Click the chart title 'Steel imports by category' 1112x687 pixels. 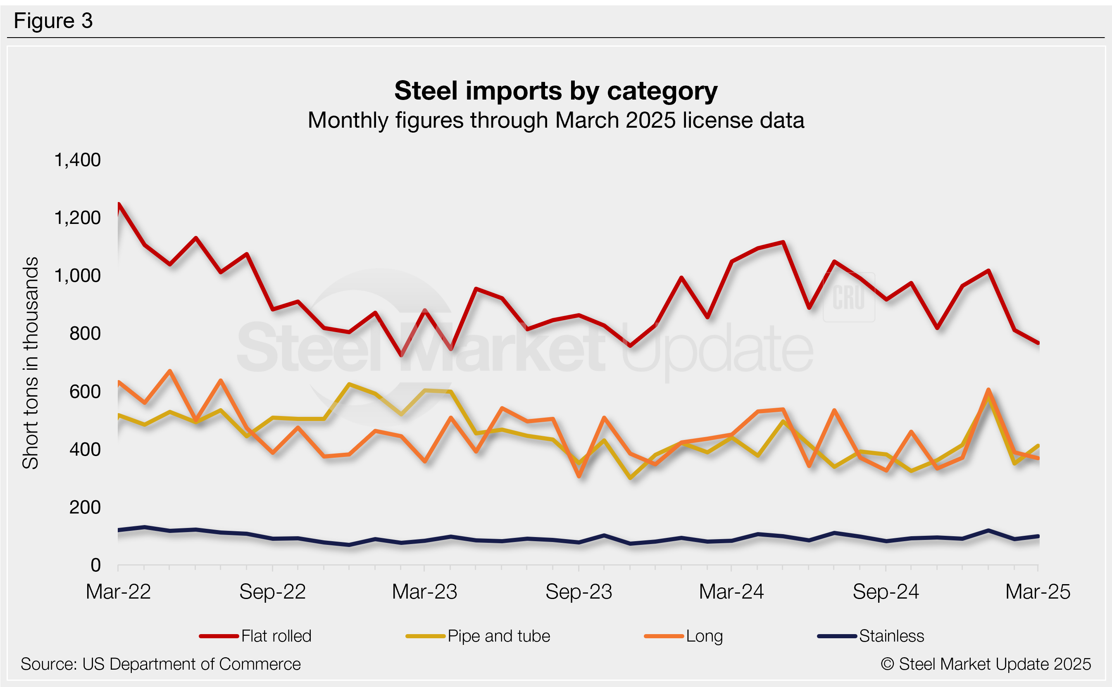point(555,91)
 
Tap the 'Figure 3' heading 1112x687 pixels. point(53,21)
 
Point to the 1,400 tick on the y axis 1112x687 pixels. point(77,160)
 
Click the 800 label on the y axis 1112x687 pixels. point(85,334)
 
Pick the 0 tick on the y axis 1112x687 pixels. point(95,565)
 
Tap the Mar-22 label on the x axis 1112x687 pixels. point(118,592)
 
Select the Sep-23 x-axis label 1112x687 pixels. point(579,592)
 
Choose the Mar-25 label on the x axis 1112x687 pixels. point(1038,592)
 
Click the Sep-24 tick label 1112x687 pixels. point(885,592)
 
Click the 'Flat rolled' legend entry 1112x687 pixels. point(276,636)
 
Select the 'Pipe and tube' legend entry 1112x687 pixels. point(498,636)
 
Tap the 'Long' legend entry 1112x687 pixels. point(704,636)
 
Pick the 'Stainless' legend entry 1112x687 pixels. point(891,636)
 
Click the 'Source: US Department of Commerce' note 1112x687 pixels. point(160,664)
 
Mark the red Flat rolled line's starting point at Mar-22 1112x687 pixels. point(119,204)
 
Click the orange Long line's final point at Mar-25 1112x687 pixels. point(1038,459)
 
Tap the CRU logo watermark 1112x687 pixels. point(848,297)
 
